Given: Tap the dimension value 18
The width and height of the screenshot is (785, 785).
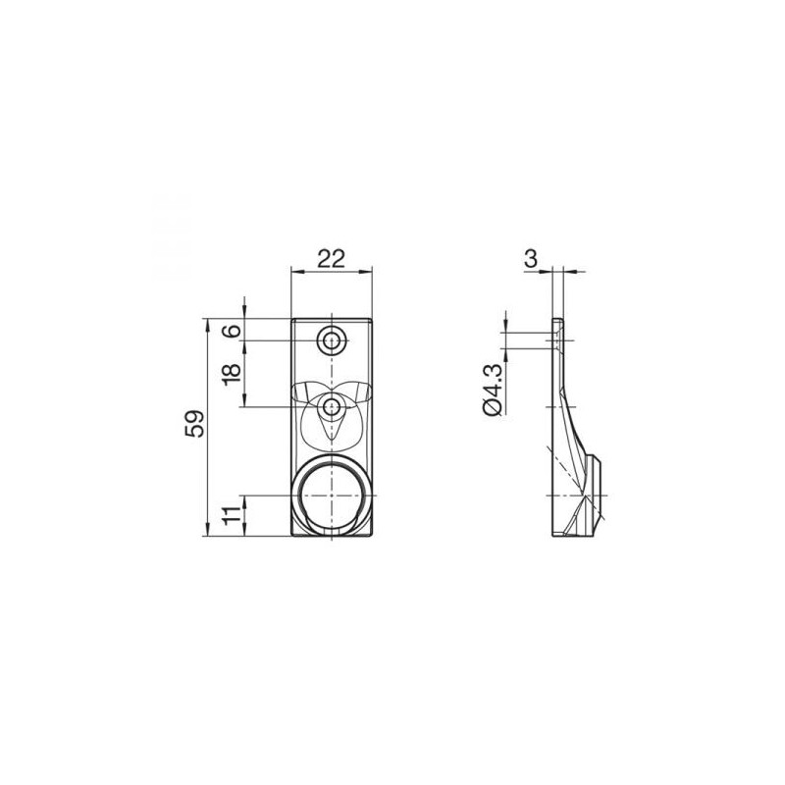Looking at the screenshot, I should pos(232,374).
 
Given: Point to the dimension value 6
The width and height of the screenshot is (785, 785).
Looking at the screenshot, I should pos(232,331).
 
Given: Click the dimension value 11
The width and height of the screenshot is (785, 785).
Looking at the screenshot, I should pos(232,516).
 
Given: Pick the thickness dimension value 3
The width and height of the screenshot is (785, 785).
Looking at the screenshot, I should pos(531,258).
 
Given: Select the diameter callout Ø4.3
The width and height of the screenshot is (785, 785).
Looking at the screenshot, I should pos(493,390).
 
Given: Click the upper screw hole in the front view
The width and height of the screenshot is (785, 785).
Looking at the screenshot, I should pos(334,341).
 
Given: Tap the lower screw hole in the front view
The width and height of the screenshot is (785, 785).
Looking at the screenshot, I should pos(334,406).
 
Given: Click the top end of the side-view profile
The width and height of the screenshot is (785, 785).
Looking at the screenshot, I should pos(558,321).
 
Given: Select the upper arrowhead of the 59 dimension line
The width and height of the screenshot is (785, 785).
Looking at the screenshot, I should pos(207,322).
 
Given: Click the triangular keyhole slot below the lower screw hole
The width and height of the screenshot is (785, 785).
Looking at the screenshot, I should pos(334,425).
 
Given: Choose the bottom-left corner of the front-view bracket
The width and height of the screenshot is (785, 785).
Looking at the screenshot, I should pos(292,537).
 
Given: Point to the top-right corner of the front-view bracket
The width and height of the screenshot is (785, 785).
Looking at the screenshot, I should pos(375,318).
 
